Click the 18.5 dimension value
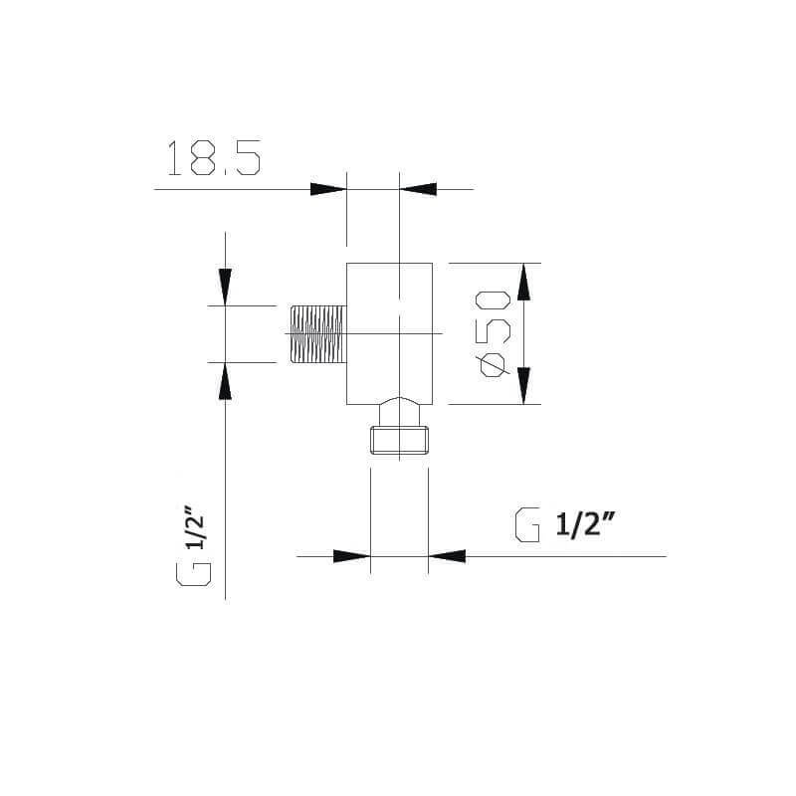point(214,158)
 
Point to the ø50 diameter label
point(493,333)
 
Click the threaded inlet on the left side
point(318,334)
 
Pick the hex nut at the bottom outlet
point(400,440)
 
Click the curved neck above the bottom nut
point(400,412)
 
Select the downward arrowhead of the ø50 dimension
point(524,386)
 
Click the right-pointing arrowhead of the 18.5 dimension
point(328,189)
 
